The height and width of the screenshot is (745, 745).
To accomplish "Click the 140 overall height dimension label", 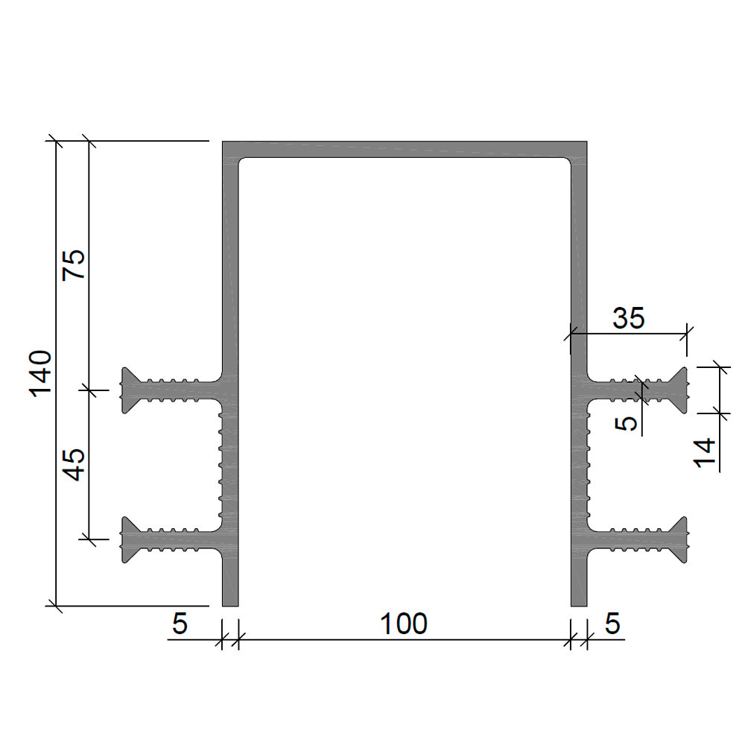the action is click(x=40, y=373).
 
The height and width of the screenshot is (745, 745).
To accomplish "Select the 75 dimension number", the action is click(x=74, y=264).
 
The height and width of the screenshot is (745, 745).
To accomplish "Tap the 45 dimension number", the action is click(x=74, y=465).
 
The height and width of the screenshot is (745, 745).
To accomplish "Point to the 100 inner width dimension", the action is click(x=404, y=624).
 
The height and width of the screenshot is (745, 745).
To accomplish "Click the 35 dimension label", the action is click(x=629, y=318).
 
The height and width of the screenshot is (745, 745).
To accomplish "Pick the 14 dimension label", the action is click(x=705, y=453).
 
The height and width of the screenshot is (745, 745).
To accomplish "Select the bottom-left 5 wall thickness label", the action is click(x=180, y=624).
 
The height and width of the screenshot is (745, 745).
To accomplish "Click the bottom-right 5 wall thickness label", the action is click(x=613, y=624).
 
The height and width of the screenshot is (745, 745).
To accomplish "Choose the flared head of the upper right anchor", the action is click(x=679, y=390).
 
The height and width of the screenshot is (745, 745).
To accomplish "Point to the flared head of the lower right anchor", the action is click(x=679, y=539).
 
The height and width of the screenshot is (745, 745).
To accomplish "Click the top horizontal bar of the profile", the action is click(x=405, y=149).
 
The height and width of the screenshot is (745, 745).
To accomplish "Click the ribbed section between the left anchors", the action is click(x=228, y=465).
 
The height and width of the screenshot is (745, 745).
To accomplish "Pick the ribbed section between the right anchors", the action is click(x=580, y=465).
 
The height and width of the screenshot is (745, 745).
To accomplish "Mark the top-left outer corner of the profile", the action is click(x=222, y=141).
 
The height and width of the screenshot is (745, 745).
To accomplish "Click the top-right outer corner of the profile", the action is click(x=587, y=141).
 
